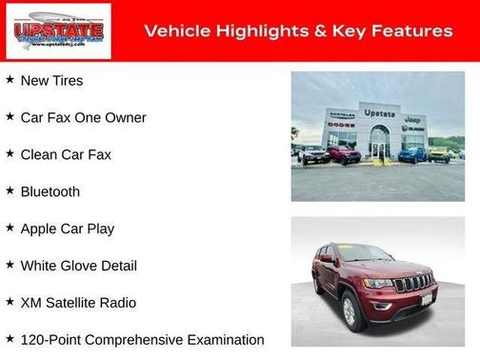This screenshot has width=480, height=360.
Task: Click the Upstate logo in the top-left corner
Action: (58, 31)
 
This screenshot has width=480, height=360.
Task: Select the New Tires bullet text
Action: (51, 81)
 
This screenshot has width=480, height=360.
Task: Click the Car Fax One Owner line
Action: (83, 118)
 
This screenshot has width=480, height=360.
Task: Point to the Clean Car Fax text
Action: (66, 154)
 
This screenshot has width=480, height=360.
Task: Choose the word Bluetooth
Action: (50, 191)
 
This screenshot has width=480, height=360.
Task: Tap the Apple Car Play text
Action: (67, 229)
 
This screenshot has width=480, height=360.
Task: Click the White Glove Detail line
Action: (78, 266)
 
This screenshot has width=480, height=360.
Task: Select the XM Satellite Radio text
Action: (78, 303)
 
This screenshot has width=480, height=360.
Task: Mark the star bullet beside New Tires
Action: (10, 80)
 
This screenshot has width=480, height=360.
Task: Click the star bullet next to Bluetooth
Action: (10, 190)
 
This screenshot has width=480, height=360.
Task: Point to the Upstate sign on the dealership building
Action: (379, 113)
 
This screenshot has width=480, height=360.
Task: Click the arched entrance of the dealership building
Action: (379, 143)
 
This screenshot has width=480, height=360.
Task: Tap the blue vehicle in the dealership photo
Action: (411, 153)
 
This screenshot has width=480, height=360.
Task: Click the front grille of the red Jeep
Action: (412, 283)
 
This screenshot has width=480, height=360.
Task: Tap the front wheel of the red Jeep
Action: (350, 310)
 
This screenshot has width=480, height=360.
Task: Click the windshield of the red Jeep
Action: (366, 253)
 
